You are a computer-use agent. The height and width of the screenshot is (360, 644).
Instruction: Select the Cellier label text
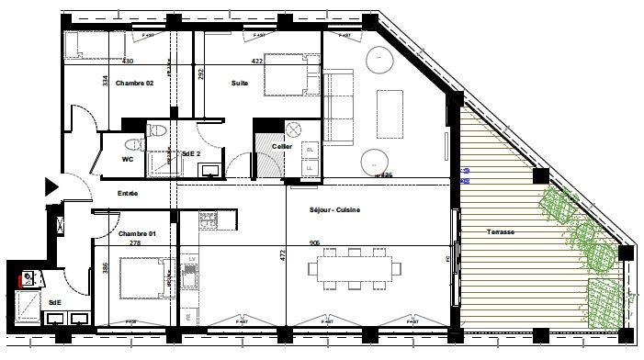tap(281, 146)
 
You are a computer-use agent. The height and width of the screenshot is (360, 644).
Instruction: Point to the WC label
tap(116, 158)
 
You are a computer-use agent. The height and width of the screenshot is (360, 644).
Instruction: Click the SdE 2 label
tap(192, 153)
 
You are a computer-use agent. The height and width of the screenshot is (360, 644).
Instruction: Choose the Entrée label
tap(128, 194)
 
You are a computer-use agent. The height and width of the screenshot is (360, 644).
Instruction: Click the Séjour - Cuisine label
tap(334, 210)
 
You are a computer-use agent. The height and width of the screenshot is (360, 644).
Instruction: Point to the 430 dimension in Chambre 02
tap(128, 62)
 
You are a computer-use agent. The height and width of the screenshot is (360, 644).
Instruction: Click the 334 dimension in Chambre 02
tap(106, 81)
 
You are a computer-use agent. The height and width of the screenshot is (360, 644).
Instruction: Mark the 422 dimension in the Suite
tap(258, 62)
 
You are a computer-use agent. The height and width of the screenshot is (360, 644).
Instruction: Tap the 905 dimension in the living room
tap(316, 243)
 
